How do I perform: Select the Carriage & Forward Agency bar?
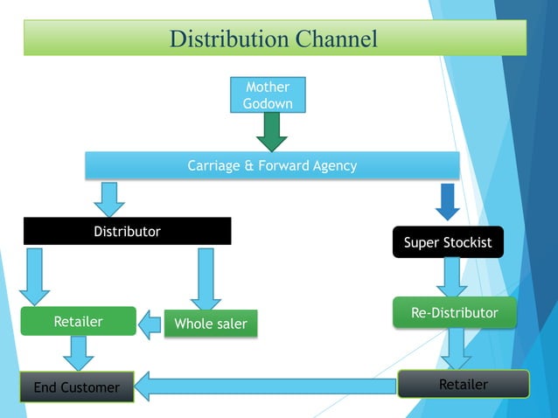coord(272,165)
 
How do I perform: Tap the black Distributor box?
coord(127,232)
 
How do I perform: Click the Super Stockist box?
coord(448,242)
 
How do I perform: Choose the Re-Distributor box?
coord(454,313)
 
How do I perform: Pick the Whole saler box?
coord(210,324)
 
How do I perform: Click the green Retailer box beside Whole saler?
coord(78,322)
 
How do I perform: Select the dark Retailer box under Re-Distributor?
coord(463,384)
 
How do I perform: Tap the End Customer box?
coord(76,387)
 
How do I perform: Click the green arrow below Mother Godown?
coord(272,132)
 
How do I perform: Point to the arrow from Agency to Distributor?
coord(109,199)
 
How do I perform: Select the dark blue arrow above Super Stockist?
coord(447,201)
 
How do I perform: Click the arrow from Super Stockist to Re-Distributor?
coord(451,277)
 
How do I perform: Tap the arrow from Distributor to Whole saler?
coord(206,278)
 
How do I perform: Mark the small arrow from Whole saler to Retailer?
coord(151,324)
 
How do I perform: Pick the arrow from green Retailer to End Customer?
coord(78,353)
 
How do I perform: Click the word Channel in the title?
coord(337,39)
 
